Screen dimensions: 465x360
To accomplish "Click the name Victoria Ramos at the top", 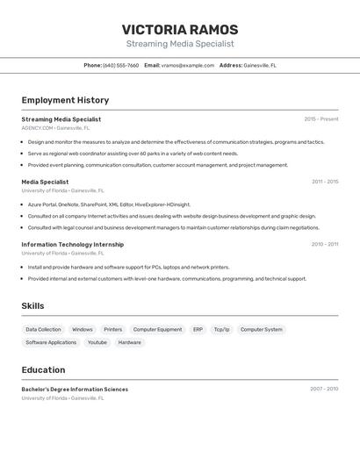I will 180,29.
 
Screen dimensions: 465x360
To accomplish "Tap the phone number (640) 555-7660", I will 120,65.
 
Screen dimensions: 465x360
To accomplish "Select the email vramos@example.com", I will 188,65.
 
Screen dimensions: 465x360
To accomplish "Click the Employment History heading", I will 65,100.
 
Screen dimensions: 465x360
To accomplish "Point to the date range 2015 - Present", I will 321,119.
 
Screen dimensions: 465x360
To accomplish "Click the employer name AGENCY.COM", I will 38,128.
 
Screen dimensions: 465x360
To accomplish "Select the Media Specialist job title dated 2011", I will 45,182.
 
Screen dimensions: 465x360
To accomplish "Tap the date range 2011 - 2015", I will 325,182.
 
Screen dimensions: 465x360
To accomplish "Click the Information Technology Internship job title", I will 73,245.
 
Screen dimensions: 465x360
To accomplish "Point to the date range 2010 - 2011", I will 325,245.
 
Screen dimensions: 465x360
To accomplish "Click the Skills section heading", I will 32,306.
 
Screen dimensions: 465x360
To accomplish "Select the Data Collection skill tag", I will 43,330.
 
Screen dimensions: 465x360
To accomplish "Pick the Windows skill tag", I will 83,330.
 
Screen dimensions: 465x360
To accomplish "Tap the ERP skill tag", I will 198,330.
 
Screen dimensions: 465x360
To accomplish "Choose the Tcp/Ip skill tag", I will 222,330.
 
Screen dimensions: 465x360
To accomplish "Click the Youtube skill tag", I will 97,342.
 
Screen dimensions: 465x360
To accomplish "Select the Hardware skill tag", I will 130,342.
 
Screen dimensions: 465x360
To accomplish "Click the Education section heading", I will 43,369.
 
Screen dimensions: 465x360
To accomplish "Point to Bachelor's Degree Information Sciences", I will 75,390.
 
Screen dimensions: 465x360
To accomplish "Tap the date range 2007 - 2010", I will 324,389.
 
